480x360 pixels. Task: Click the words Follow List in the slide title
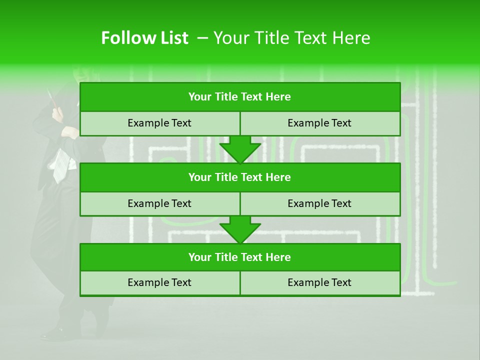pos(144,38)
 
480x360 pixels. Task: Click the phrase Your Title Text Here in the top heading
pos(291,38)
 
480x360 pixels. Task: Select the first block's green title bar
pos(240,97)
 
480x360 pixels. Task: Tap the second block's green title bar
pos(240,177)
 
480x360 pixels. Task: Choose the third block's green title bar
pos(240,257)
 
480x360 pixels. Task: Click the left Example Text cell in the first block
pos(159,123)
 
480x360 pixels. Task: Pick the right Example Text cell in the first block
pos(319,123)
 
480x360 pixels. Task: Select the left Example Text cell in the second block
pos(159,203)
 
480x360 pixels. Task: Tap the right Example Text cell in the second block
pos(319,203)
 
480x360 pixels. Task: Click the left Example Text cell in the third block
pos(159,282)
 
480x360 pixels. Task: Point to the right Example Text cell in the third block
pos(319,282)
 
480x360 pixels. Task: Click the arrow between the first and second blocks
pos(240,149)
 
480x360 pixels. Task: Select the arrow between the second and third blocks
pos(240,229)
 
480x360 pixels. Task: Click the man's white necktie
pos(60,165)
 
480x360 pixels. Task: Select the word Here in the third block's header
pos(278,257)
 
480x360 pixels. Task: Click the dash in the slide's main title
pos(202,38)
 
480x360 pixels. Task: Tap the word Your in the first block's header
pos(200,97)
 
